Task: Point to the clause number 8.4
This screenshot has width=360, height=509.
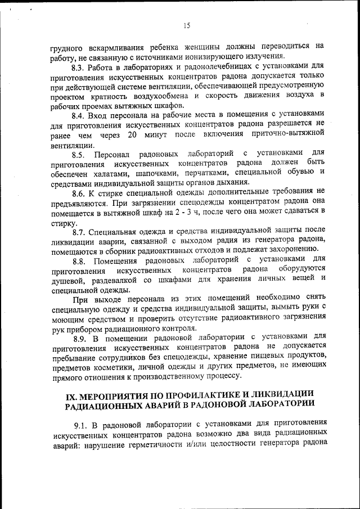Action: point(79,115)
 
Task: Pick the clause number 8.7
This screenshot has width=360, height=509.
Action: point(79,231)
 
